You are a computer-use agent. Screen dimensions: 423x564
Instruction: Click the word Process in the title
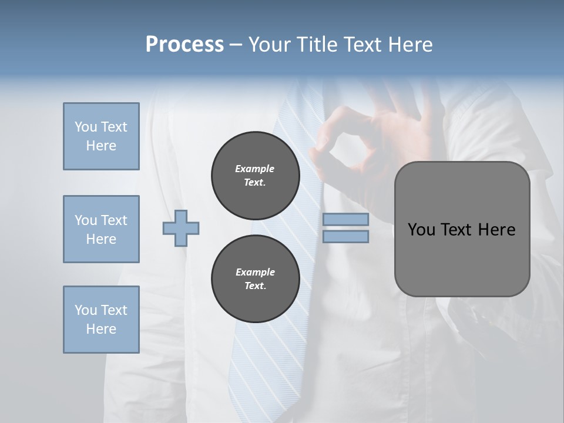pyautogui.click(x=184, y=45)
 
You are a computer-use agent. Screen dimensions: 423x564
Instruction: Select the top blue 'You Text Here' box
pyautogui.click(x=101, y=136)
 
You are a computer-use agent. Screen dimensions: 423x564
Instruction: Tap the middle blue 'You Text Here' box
pyautogui.click(x=101, y=229)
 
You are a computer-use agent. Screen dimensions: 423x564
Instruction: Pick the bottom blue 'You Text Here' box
pyautogui.click(x=101, y=320)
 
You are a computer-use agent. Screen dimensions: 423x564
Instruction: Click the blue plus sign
pyautogui.click(x=181, y=229)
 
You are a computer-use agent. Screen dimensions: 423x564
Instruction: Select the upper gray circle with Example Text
pyautogui.click(x=255, y=176)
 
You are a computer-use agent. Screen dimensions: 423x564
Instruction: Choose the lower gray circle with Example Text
pyautogui.click(x=255, y=279)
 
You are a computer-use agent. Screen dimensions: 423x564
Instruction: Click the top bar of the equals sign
pyautogui.click(x=345, y=219)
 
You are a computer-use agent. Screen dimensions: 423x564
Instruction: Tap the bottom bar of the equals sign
pyautogui.click(x=345, y=237)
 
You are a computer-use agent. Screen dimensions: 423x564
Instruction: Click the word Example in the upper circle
pyautogui.click(x=255, y=169)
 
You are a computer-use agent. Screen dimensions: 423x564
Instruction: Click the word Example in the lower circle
pyautogui.click(x=255, y=273)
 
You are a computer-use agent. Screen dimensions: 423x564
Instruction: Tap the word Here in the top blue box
pyautogui.click(x=101, y=146)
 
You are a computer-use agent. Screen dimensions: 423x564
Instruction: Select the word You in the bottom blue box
pyautogui.click(x=86, y=310)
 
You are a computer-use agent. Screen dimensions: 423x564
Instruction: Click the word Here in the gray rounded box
pyautogui.click(x=496, y=230)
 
